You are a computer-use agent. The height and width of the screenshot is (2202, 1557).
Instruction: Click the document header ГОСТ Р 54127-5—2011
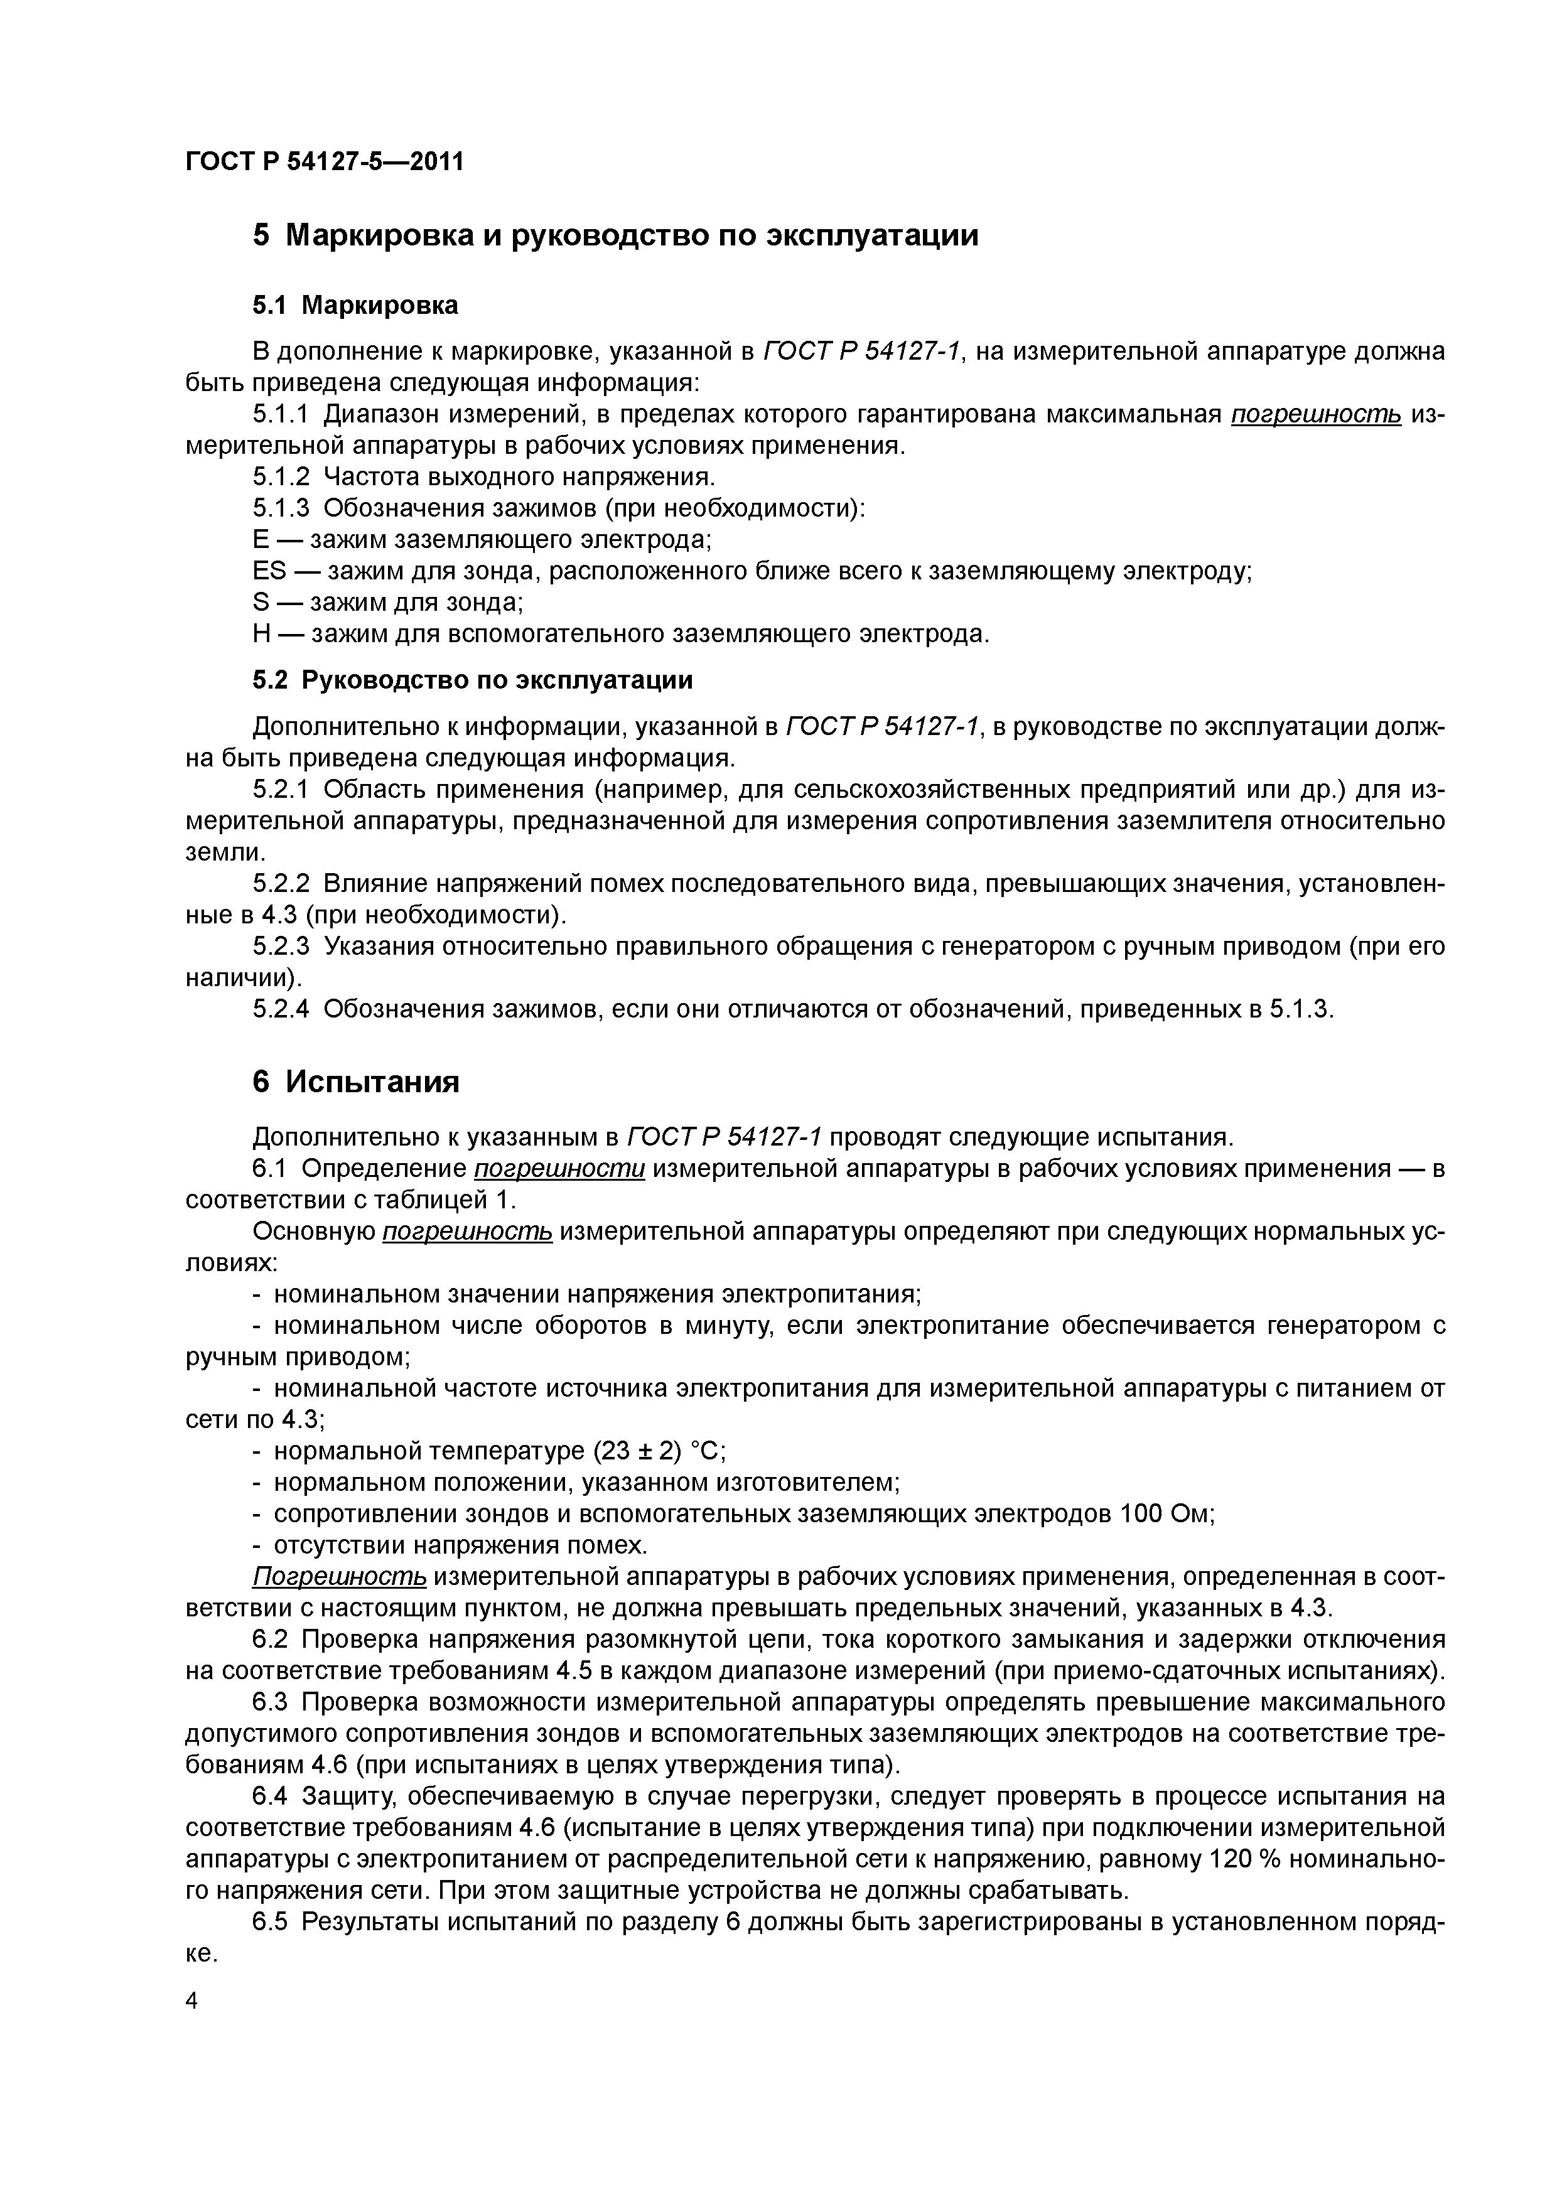click(x=323, y=162)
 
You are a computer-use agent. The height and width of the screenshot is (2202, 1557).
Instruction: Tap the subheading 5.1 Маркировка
click(x=355, y=305)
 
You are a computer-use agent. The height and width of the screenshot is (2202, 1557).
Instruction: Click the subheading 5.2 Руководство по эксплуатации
click(x=472, y=680)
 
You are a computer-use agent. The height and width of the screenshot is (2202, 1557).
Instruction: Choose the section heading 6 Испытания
click(x=356, y=1082)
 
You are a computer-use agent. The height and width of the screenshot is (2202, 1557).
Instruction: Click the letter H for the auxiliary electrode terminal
click(x=262, y=634)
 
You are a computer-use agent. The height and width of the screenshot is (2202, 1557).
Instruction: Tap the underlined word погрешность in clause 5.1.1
click(x=1315, y=414)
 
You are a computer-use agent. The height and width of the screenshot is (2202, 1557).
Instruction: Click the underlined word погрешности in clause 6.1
click(x=559, y=1168)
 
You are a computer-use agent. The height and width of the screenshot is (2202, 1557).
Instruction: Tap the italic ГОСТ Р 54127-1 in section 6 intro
click(x=725, y=1137)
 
